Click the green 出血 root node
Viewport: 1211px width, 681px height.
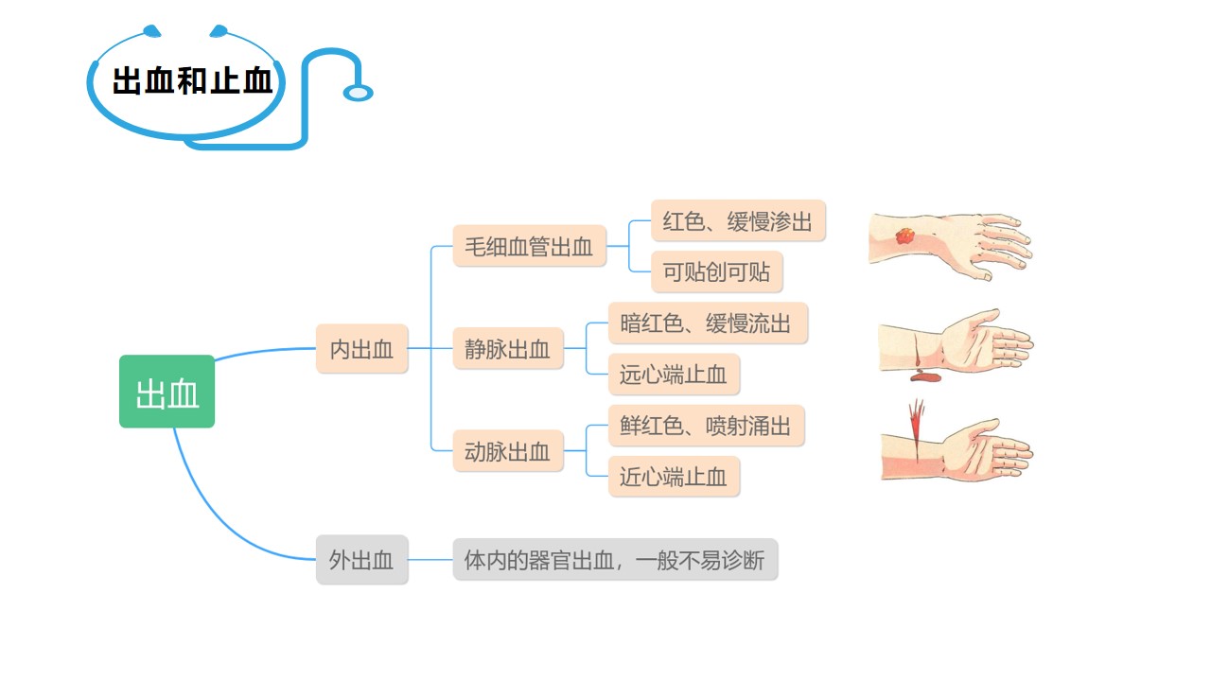[x=167, y=392]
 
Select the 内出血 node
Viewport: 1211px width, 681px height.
[x=361, y=348]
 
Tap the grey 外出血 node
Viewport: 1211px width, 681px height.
[x=361, y=560]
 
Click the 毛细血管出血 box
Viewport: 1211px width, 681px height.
[x=529, y=246]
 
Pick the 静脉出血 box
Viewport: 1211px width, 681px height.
[x=507, y=349]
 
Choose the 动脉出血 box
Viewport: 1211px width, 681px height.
[x=507, y=451]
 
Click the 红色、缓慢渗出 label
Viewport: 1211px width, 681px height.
[x=738, y=221]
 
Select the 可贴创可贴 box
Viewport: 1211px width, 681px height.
[x=716, y=272]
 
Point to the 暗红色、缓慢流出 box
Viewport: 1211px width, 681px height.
[x=706, y=323]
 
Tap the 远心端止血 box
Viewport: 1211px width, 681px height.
[x=673, y=375]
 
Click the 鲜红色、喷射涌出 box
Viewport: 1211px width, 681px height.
[x=706, y=426]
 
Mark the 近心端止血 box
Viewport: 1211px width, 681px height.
[x=673, y=477]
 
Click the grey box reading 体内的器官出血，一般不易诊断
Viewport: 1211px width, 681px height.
[x=615, y=560]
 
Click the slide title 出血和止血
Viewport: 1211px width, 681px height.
[x=192, y=81]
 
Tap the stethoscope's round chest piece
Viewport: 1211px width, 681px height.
[x=358, y=93]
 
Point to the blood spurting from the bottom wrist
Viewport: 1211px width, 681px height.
[x=916, y=419]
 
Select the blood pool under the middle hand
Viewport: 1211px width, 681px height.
[x=923, y=377]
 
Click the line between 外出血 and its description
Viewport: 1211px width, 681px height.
[x=430, y=560]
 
